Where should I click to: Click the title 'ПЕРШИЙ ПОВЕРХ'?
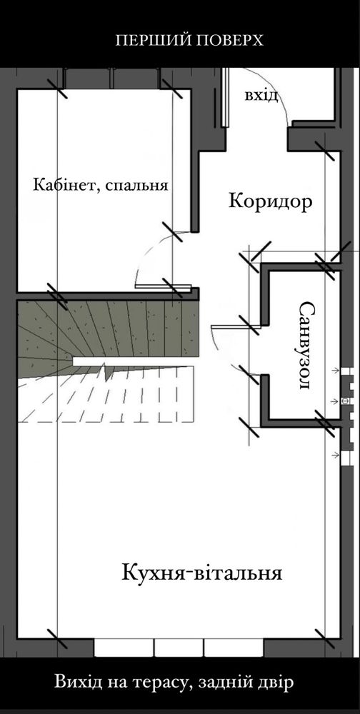click(189, 41)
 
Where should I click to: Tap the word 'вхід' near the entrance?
click(261, 96)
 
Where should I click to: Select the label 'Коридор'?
click(270, 201)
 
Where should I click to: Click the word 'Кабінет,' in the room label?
click(66, 186)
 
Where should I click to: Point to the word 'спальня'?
click(136, 186)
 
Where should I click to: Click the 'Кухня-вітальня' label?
click(202, 573)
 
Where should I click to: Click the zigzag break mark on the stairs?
click(108, 371)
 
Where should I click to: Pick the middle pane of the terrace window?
click(179, 648)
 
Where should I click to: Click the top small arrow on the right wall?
click(336, 371)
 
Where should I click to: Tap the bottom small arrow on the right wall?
click(336, 454)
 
